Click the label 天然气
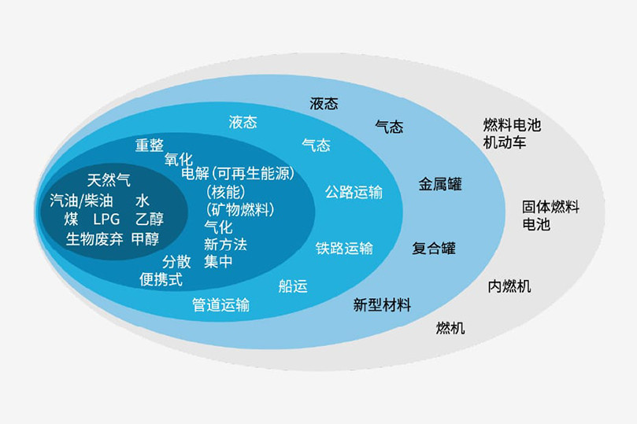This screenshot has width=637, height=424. click(x=109, y=180)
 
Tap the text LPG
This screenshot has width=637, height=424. click(x=106, y=219)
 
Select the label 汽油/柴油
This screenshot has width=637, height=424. click(x=81, y=201)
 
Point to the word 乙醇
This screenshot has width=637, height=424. click(x=150, y=219)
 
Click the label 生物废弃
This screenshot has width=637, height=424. click(x=94, y=239)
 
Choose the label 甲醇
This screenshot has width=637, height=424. click(x=145, y=239)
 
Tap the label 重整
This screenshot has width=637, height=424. click(x=150, y=146)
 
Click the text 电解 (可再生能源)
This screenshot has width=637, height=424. click(x=238, y=174)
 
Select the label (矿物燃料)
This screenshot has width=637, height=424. click(x=240, y=210)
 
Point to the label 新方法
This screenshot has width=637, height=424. click(x=225, y=245)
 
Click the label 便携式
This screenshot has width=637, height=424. click(x=161, y=279)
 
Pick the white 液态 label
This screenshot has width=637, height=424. click(x=243, y=122)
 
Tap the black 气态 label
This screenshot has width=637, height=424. click(x=389, y=127)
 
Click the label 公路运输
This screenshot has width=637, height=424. click(x=354, y=192)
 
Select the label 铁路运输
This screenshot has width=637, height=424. click(x=344, y=248)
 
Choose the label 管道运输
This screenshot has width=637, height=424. click(x=220, y=304)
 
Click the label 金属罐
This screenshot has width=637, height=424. click(x=440, y=184)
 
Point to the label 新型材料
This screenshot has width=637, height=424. click(x=382, y=304)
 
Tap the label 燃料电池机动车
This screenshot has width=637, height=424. click(x=512, y=134)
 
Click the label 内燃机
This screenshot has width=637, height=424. click(x=509, y=286)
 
